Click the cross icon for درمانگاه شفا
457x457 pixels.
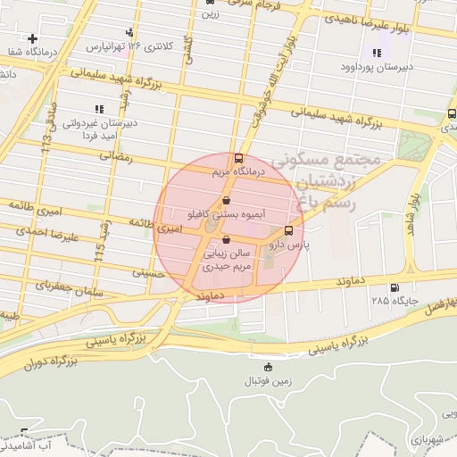tap(33, 38)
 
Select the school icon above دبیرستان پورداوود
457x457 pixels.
tap(377, 54)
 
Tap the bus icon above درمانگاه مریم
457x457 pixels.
tap(237, 158)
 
